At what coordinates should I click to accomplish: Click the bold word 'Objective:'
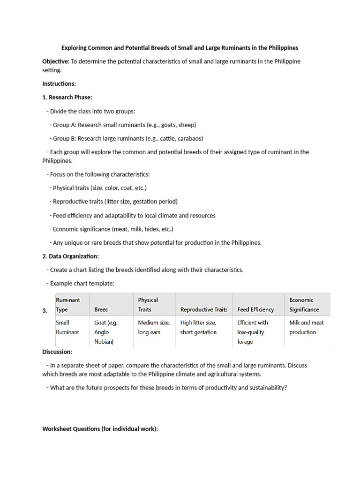coord(56,61)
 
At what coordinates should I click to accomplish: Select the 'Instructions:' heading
coord(59,83)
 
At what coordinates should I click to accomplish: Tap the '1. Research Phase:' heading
coord(67,97)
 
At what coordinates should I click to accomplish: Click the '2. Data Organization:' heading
coord(70,256)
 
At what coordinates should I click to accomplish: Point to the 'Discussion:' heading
coord(57,352)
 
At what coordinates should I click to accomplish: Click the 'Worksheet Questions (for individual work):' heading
coord(100,428)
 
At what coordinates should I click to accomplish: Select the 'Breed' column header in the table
coord(101,309)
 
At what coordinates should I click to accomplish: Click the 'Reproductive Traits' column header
coord(204,309)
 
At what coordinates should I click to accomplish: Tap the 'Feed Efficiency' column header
coord(256,309)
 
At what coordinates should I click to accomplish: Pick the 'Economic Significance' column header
coord(304,305)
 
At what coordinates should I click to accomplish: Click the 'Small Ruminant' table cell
coord(67,327)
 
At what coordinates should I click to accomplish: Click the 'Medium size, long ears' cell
coord(153,327)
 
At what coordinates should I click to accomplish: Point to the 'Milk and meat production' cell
coord(307,327)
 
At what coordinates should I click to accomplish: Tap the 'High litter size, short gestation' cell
coord(198,327)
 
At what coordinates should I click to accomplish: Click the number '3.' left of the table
coord(45,311)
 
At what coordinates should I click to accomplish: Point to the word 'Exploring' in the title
coord(76,48)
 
